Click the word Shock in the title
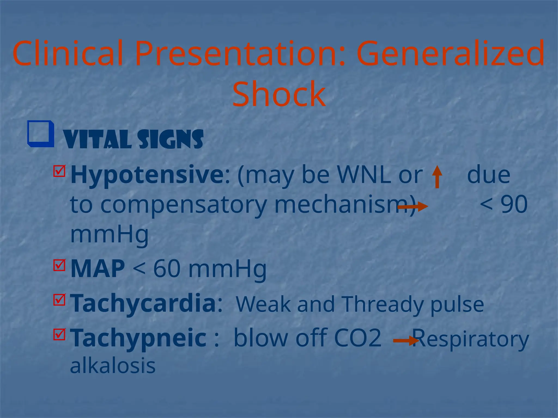279,94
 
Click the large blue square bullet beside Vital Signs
41,134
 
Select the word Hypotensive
147,175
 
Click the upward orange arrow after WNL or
437,177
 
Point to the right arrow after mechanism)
413,207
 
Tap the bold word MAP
98,269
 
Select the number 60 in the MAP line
167,269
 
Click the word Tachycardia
143,303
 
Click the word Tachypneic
138,338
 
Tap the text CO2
357,338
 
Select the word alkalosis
113,366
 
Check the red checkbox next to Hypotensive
59,171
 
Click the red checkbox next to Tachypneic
59,334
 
